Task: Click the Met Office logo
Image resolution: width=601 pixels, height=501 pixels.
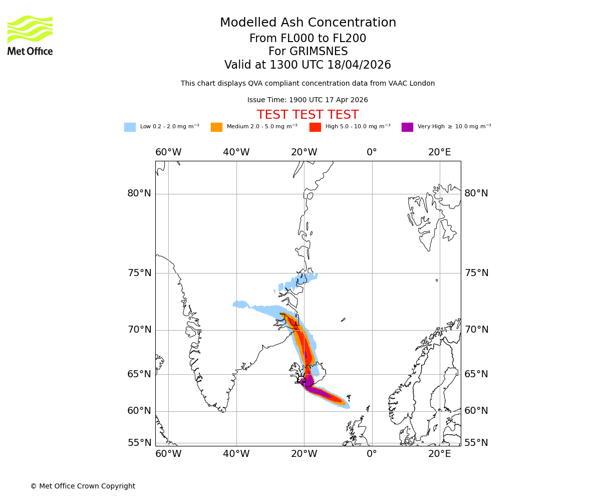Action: [x=30, y=35]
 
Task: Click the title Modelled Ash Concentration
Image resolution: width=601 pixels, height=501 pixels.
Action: [x=308, y=23]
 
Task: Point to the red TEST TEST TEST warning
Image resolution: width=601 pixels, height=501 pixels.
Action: [x=308, y=115]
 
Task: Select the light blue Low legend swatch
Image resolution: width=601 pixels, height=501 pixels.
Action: [x=130, y=127]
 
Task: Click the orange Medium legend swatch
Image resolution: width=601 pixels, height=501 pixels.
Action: [x=216, y=127]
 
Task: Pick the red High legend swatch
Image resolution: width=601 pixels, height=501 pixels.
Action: [x=315, y=127]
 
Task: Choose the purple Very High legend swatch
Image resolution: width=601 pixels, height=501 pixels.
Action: [x=407, y=127]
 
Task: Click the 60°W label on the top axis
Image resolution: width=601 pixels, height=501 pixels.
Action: [x=168, y=152]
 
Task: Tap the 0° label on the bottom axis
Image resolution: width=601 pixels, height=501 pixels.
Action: [x=372, y=454]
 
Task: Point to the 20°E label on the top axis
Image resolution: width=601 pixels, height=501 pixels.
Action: [x=439, y=152]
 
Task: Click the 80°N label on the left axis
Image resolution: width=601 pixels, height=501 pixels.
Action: [x=139, y=193]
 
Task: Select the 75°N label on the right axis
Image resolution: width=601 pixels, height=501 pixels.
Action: [x=476, y=273]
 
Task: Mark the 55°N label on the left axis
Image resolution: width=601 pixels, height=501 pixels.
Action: [x=139, y=443]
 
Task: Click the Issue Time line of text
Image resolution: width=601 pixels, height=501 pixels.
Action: [x=308, y=100]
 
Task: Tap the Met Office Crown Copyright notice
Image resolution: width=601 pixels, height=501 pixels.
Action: [x=83, y=486]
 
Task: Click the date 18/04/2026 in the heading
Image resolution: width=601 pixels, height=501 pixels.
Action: [x=359, y=65]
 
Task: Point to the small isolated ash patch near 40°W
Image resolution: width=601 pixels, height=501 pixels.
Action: [x=241, y=304]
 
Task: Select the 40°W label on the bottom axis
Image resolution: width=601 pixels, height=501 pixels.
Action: [x=236, y=454]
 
